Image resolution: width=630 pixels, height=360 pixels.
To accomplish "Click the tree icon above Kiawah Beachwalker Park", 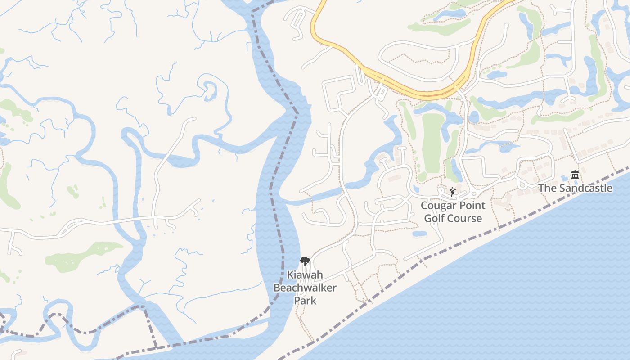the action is coord(305,261).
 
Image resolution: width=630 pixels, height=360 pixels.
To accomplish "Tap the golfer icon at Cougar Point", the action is coord(453,192).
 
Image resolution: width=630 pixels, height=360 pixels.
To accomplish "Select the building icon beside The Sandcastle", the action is coord(575,175).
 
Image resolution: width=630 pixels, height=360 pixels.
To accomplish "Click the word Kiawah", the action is coord(305,274).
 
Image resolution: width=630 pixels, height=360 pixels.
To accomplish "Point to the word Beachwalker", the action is coord(305,288).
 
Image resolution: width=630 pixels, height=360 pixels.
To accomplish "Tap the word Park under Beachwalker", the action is coord(305,300).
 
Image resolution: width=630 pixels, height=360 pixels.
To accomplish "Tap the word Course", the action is coord(465,219).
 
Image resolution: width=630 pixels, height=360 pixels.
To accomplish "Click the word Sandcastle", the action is coord(585,188).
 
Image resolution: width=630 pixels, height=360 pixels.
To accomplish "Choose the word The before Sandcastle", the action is coord(547,188).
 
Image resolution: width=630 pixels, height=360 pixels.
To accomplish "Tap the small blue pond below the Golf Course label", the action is coord(419,234).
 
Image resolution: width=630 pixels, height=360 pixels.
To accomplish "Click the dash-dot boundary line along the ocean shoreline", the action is coord(495,230).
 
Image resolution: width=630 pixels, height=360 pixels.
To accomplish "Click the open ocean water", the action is coord(517,292).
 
